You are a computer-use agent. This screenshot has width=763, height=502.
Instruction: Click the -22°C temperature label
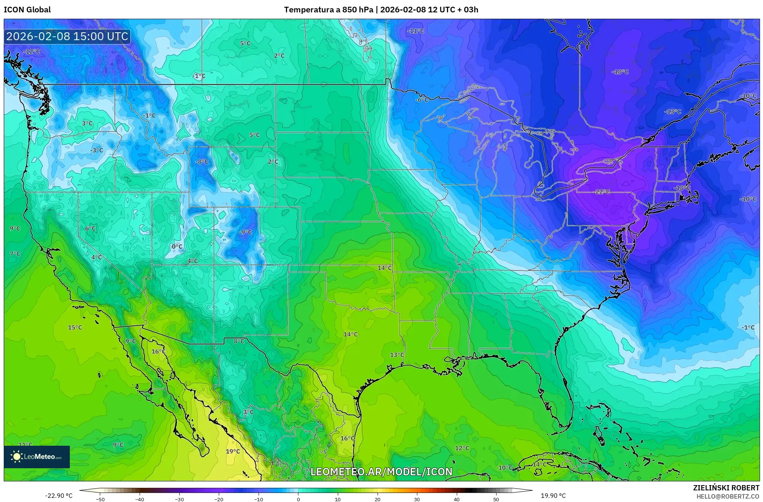point(602,192)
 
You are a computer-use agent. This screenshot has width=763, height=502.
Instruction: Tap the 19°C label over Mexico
point(233,451)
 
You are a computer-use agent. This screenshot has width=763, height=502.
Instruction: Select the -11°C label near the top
point(415,31)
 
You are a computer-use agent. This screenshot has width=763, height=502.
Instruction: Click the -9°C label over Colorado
point(245,232)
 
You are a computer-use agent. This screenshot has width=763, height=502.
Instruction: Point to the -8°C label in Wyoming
point(202,162)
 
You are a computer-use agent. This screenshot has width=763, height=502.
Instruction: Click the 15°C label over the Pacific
point(75,328)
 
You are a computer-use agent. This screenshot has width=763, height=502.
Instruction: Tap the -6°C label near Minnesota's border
point(422,100)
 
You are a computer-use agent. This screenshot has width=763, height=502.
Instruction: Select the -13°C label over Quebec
point(673,112)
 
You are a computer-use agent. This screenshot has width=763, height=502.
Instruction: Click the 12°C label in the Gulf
point(462,448)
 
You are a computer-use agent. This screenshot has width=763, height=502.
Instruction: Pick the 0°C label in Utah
point(177,247)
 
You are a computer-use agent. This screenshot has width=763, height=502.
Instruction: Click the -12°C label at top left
point(32,52)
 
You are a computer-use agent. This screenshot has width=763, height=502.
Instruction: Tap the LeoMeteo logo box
point(37,457)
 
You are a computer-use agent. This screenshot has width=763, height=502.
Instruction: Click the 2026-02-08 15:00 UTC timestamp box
point(67,37)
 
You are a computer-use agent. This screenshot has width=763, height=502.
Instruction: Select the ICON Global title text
point(27,10)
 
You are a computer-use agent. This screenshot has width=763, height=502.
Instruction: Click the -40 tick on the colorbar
point(140,499)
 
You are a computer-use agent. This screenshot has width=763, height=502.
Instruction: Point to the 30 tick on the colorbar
point(417,499)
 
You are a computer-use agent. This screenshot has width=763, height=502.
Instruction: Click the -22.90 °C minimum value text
point(59,496)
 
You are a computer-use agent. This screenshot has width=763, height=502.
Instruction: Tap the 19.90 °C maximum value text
point(553,496)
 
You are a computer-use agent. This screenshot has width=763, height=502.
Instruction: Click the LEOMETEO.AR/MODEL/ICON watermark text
point(381,472)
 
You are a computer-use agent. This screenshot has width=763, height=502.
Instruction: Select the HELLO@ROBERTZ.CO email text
point(728,496)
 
